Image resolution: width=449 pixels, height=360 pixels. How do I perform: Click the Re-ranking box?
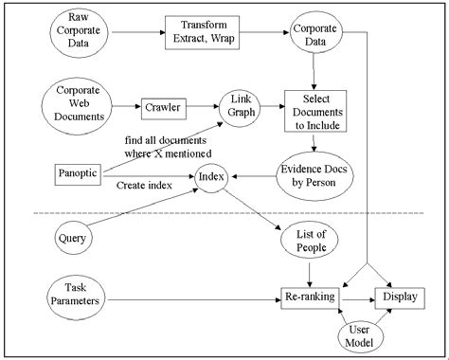[x=310, y=298]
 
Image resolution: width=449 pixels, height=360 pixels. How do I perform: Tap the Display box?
[x=399, y=298]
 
